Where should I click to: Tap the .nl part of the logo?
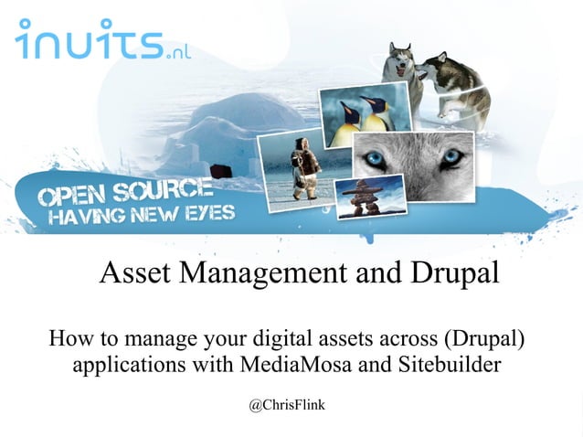click(178, 52)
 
